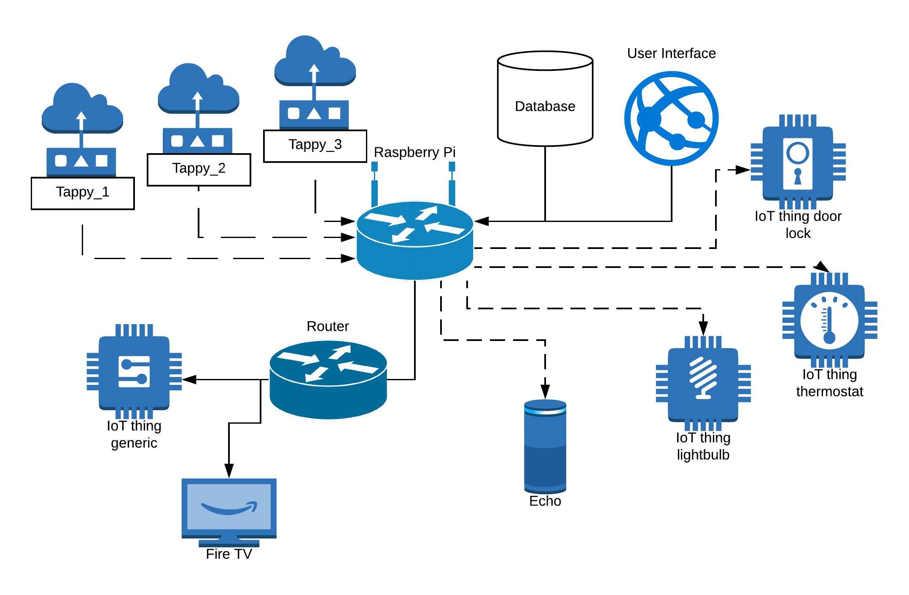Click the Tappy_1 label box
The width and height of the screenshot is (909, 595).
tap(83, 193)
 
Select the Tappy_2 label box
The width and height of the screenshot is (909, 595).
tap(199, 169)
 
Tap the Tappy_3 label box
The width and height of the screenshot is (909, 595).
tap(315, 146)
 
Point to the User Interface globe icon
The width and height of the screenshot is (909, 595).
tap(671, 119)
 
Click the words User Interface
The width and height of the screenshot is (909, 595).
tap(671, 54)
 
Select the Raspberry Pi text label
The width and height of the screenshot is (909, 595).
tap(414, 152)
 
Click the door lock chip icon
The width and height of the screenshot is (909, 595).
tap(798, 162)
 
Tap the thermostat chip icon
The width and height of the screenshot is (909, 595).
tap(829, 320)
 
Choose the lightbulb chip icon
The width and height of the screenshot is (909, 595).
tap(703, 383)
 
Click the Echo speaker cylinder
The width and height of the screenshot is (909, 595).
tap(545, 446)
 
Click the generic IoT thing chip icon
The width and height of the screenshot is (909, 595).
tap(134, 371)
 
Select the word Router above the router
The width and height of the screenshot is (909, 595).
tap(328, 326)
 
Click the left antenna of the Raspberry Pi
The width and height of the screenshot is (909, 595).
tap(374, 184)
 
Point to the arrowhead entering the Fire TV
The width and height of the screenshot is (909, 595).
tap(229, 471)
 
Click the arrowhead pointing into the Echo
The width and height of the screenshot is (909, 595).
tap(545, 392)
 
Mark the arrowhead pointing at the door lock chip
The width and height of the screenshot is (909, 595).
tap(743, 170)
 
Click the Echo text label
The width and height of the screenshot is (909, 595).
tap(545, 501)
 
